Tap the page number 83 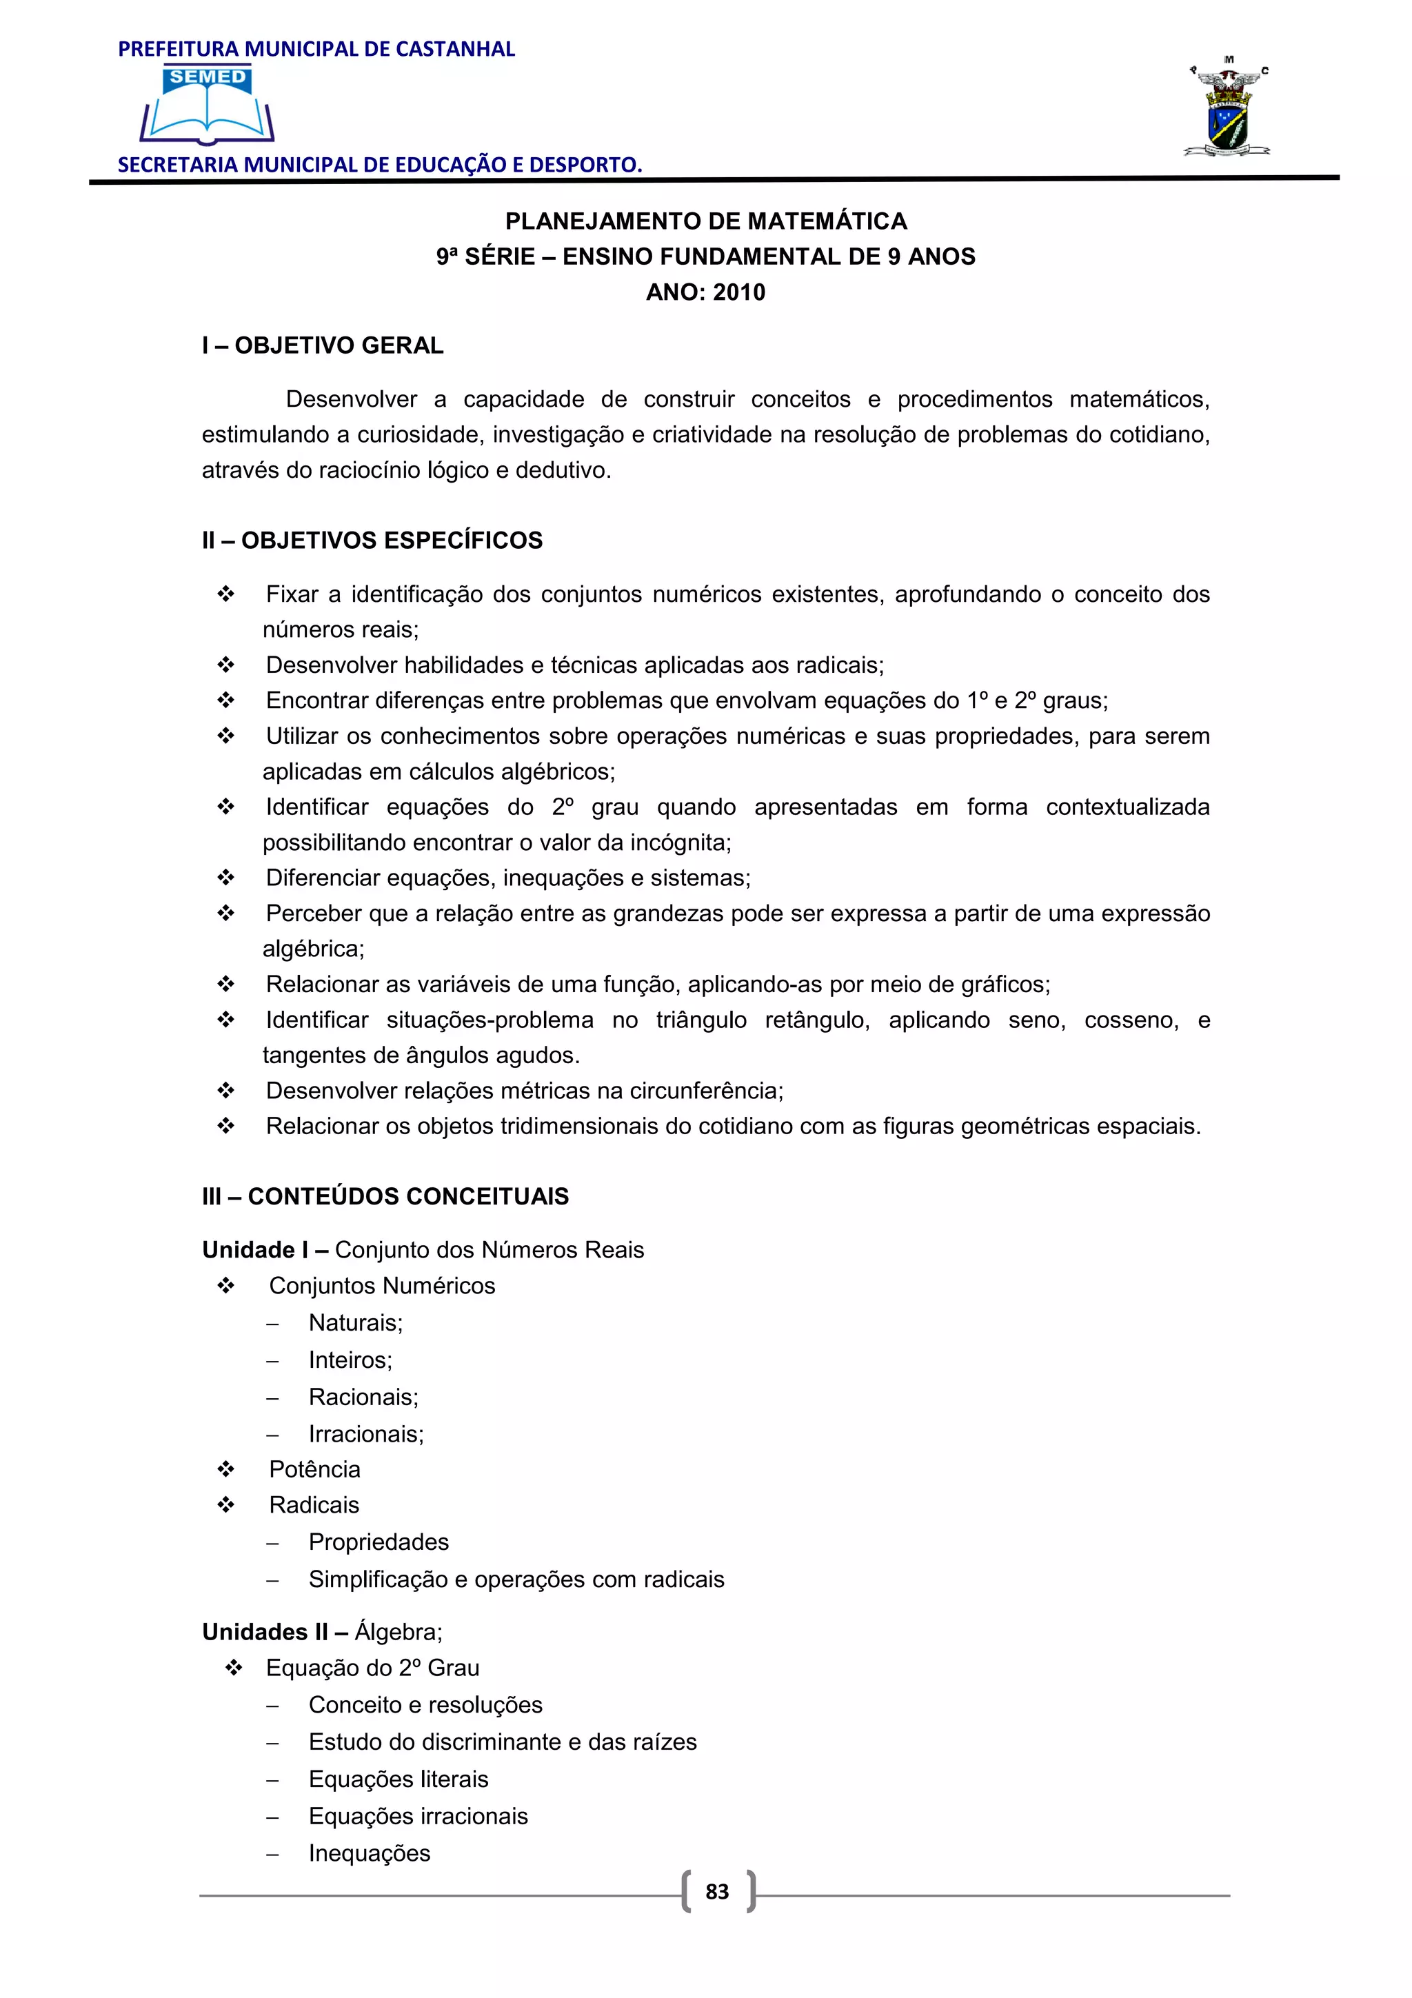click(x=717, y=1891)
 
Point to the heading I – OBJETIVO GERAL click(x=323, y=345)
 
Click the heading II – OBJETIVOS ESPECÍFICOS click(x=372, y=541)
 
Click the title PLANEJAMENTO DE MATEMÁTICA click(x=705, y=221)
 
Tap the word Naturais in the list click(x=354, y=1323)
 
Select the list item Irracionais click(x=365, y=1433)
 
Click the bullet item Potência click(x=314, y=1469)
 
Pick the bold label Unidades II click(x=265, y=1632)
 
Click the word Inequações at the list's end click(x=369, y=1853)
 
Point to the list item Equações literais click(x=399, y=1779)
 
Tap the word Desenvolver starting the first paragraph click(x=352, y=399)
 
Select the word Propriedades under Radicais click(x=379, y=1542)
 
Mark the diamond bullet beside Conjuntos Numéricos click(x=226, y=1285)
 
